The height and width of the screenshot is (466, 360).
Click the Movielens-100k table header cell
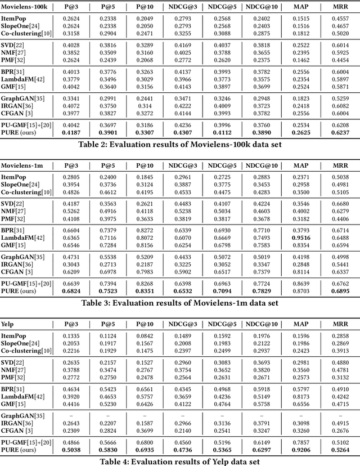25,6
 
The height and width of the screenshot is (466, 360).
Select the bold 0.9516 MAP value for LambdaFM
301,237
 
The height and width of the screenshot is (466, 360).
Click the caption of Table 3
179,302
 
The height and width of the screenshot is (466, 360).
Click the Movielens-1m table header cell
23,164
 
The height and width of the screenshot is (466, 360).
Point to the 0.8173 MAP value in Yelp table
301,396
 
